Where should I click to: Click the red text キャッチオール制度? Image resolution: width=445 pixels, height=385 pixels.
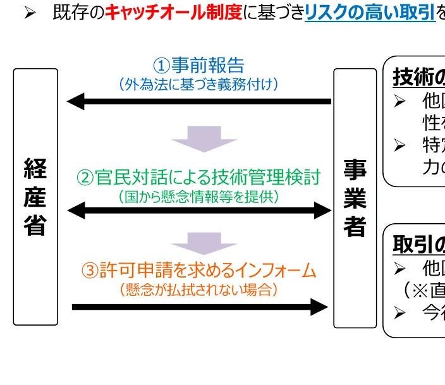point(173,13)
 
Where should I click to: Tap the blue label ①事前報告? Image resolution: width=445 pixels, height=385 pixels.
point(198,65)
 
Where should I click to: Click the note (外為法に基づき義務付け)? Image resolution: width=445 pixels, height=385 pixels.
point(198,83)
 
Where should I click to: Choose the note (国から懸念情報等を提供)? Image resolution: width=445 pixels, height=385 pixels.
point(198,197)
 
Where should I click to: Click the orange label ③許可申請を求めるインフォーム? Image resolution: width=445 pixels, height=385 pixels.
point(198,271)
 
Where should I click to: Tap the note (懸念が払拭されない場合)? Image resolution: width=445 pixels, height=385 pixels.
point(198,290)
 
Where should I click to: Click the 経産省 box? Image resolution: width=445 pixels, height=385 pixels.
point(35,197)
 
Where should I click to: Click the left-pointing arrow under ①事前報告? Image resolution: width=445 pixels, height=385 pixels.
point(198,101)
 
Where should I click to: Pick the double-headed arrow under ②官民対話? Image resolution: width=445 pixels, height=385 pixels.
point(198,211)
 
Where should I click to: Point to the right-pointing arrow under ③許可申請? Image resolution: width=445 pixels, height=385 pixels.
point(200,307)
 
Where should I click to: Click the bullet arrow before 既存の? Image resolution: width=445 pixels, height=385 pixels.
point(30,13)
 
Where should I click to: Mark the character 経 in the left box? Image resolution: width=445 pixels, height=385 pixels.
point(35,169)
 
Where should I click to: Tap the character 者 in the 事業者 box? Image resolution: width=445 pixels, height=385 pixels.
point(355,226)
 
